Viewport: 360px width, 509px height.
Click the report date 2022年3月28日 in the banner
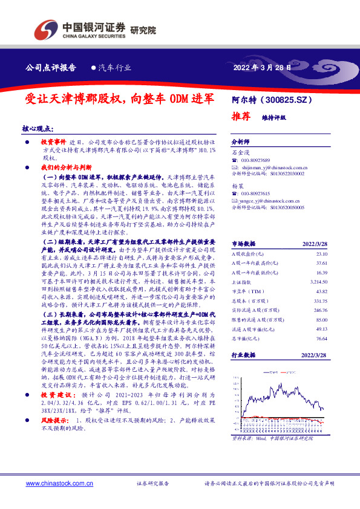pyautogui.click(x=261, y=68)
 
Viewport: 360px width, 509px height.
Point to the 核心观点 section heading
pyautogui.click(x=38, y=129)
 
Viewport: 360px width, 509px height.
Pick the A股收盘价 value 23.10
pyautogui.click(x=320, y=254)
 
